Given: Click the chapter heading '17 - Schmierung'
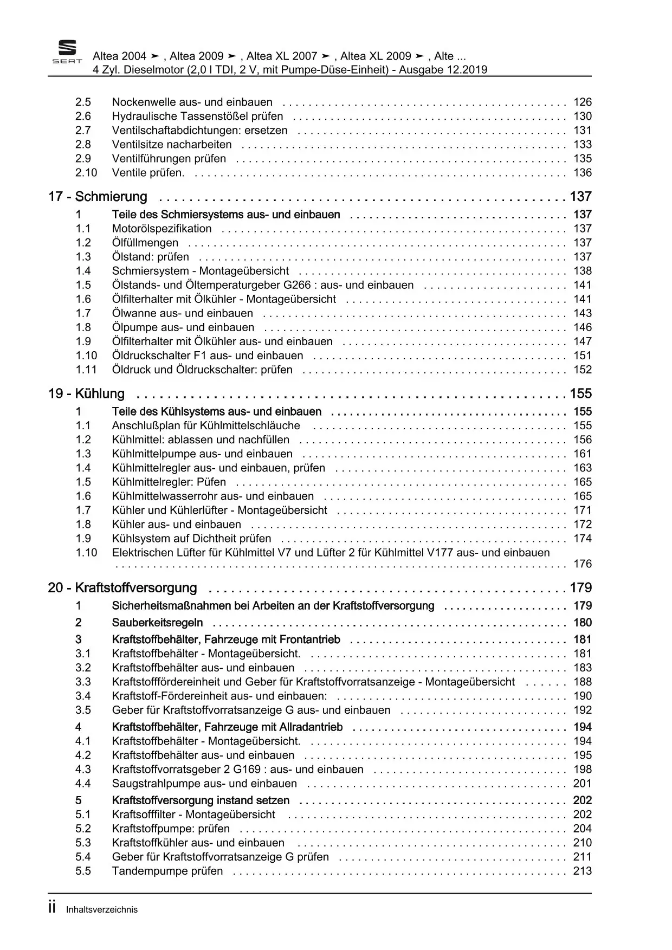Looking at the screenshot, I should point(98,197).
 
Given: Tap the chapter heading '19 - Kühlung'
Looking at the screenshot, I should point(86,394).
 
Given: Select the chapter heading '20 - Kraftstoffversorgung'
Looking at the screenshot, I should point(122,588).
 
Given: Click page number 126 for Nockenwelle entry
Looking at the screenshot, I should point(583,102).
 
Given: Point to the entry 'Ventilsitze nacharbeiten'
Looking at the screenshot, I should point(172,145).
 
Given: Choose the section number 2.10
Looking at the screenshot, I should point(86,173).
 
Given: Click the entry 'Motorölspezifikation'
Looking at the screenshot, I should point(161,229).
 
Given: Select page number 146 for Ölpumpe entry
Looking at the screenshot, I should point(583,327).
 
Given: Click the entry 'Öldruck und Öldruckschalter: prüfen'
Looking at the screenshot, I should point(202,370).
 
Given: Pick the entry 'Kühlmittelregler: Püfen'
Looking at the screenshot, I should point(169,482).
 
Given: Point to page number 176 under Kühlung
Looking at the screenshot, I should point(583,564).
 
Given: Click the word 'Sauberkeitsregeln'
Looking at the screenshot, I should point(157,623).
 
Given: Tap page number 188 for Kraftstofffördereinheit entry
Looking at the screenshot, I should point(583,682).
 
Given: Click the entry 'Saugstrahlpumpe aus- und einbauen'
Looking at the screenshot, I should point(204,784).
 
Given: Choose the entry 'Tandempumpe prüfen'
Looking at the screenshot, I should point(167,871).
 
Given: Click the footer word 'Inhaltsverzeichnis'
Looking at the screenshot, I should point(102,910).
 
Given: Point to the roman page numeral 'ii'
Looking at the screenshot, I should point(53,908).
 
